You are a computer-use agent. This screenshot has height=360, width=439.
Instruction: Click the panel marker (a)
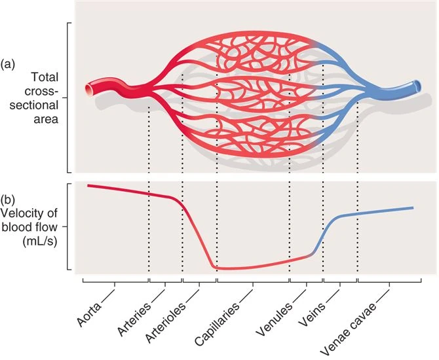[x=9, y=63]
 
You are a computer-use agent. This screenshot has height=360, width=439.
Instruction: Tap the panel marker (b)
[x=9, y=199]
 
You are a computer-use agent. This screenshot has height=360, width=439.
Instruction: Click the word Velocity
[x=24, y=213]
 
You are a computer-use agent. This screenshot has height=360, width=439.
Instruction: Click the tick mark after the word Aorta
[x=115, y=283]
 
